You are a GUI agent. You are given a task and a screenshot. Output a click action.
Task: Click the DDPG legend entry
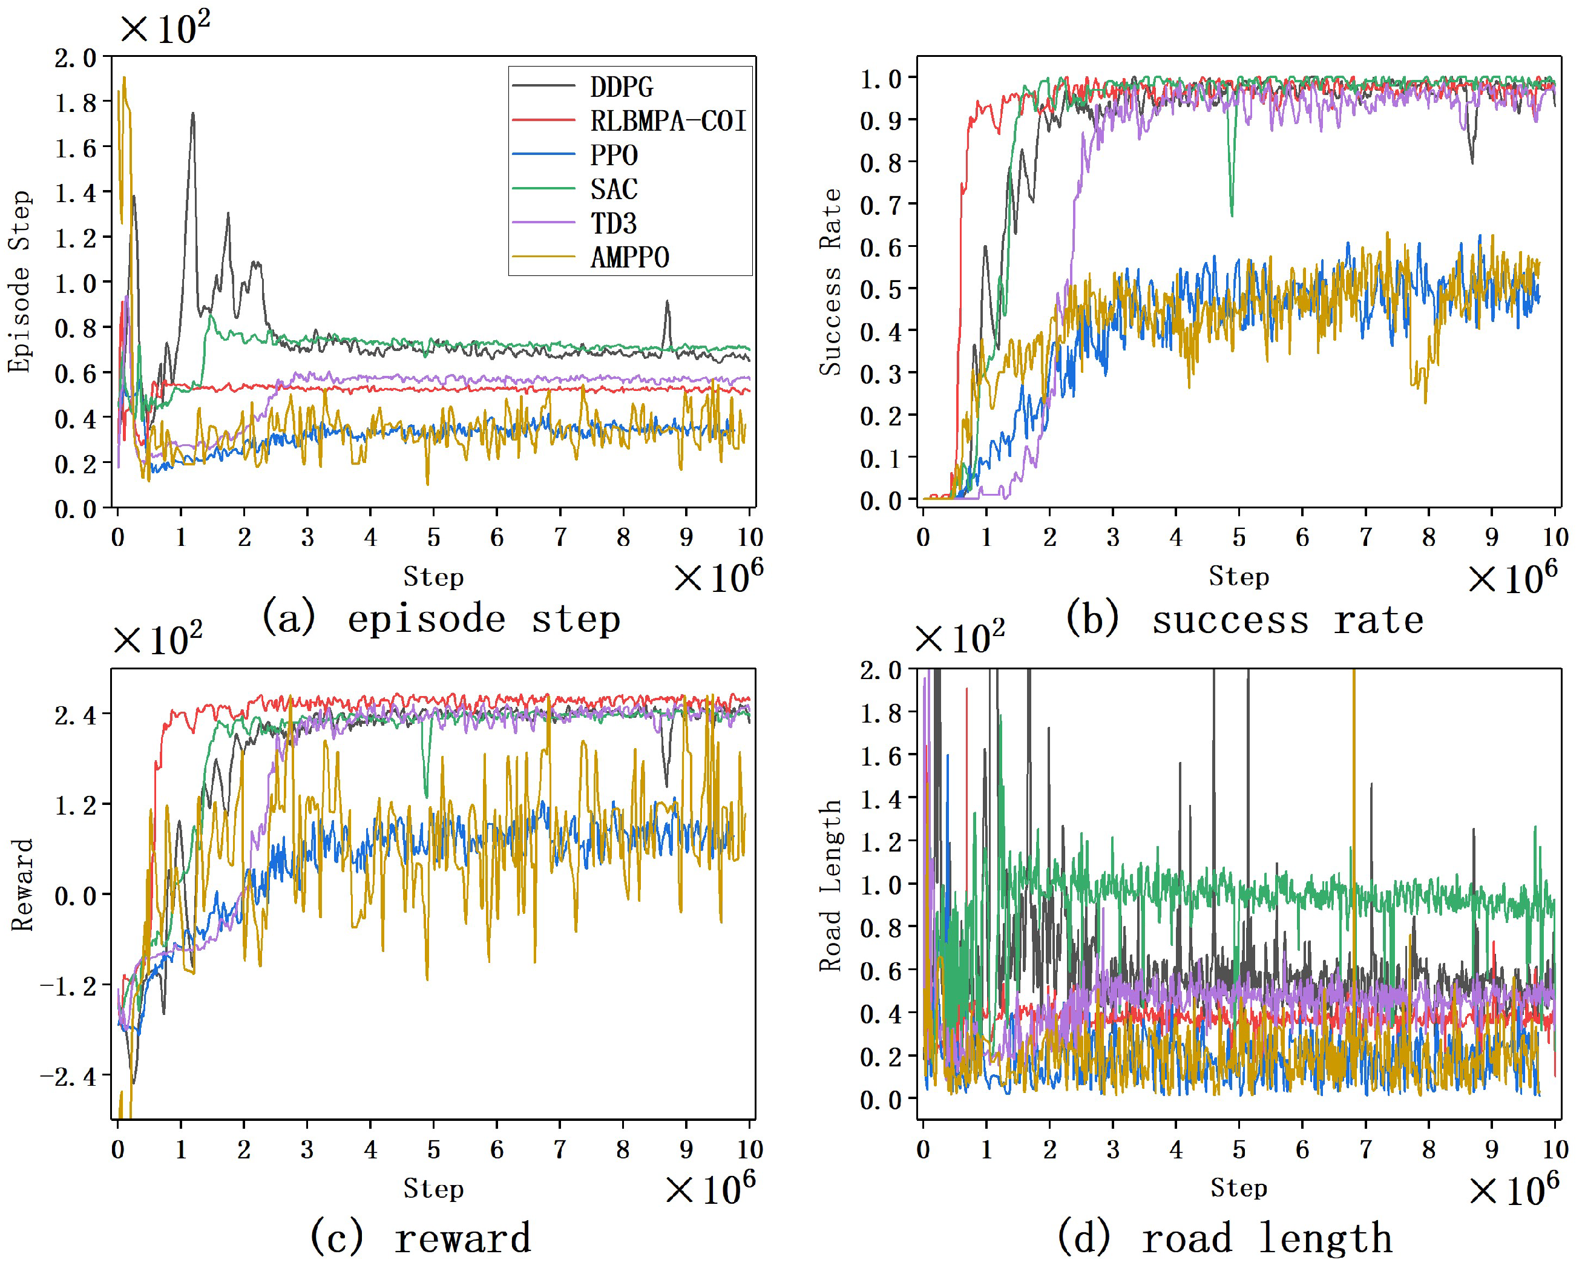click(x=621, y=87)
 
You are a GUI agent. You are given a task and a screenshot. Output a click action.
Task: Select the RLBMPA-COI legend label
click(x=668, y=120)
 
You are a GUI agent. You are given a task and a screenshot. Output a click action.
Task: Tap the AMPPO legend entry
click(x=629, y=258)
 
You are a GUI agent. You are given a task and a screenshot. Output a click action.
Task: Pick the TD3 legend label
click(x=613, y=223)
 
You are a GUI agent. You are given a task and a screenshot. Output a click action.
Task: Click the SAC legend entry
click(x=613, y=189)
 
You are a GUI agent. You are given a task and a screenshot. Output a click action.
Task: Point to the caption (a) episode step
click(x=441, y=619)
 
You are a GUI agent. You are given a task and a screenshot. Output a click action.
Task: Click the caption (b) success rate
click(x=1245, y=620)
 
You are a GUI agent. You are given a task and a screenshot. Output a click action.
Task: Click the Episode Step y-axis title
click(x=20, y=281)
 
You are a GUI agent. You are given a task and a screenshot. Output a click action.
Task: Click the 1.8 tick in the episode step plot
click(x=76, y=103)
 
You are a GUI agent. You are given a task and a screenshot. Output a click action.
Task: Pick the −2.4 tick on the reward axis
click(x=68, y=1077)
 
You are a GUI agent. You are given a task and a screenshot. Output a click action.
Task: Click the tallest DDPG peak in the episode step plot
click(x=192, y=114)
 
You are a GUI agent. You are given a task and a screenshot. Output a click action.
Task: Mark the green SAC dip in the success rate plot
click(x=1232, y=212)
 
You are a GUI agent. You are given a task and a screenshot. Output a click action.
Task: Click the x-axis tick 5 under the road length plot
click(x=1239, y=1149)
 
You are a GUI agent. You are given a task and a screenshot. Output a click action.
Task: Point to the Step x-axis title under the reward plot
click(x=433, y=1189)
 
